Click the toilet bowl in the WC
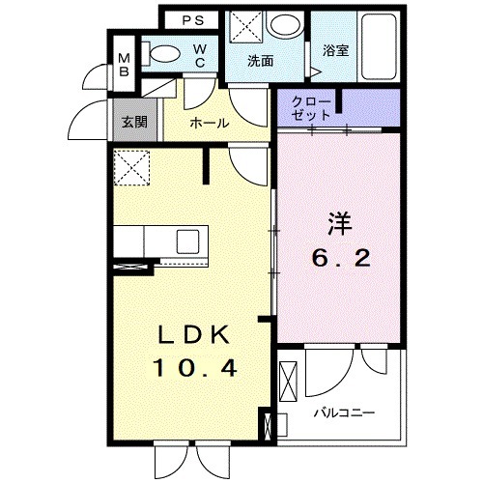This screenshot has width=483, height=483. point(165,54)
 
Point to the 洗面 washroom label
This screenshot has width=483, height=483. point(260,61)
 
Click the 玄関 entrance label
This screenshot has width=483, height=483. point(134,123)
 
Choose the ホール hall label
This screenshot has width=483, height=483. point(209,123)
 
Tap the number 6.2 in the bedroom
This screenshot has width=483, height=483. point(337,258)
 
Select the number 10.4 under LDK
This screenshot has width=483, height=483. point(192,367)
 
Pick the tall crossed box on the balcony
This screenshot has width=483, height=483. point(289,383)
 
